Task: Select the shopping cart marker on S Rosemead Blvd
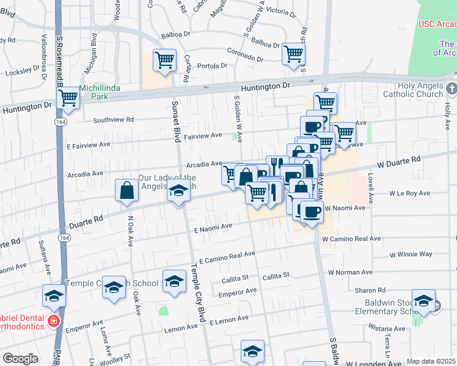point(68,97)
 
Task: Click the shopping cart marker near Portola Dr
point(164,60)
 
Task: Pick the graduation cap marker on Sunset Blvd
point(178,192)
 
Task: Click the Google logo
point(20,359)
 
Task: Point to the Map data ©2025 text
point(431,361)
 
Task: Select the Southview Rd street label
point(113,120)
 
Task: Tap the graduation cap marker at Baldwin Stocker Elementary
point(423,300)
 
